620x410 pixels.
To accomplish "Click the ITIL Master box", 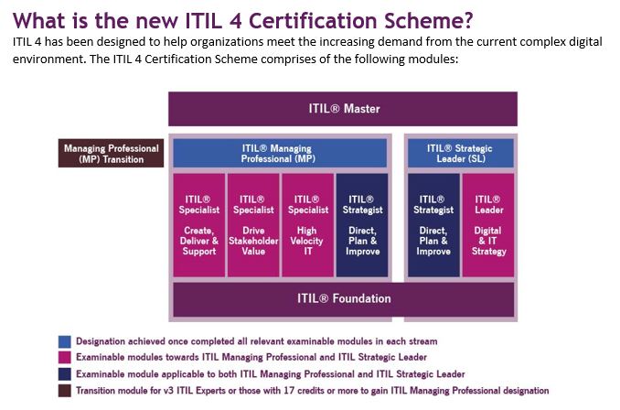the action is (x=343, y=109).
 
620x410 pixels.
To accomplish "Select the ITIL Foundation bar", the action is (x=344, y=298).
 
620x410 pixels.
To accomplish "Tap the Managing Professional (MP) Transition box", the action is (x=112, y=153).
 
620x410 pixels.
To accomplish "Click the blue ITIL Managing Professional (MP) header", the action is (x=280, y=153).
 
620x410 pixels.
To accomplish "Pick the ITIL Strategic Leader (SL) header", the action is (x=461, y=153).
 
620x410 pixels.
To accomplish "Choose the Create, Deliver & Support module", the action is (x=198, y=225).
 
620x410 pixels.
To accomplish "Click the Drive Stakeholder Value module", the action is (x=253, y=225).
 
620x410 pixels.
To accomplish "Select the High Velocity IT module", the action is (x=307, y=225).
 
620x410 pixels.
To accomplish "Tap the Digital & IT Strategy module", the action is (x=488, y=225).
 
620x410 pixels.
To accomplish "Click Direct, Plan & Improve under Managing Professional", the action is (x=362, y=225).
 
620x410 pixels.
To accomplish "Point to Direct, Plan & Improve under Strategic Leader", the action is (x=433, y=225).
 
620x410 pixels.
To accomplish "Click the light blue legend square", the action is (x=64, y=341).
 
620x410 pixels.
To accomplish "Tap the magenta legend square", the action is (x=64, y=357).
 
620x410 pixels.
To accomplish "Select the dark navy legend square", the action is (x=64, y=374).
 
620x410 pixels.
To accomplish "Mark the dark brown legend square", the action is (x=64, y=391).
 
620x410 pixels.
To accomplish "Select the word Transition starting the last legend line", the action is (x=94, y=391).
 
